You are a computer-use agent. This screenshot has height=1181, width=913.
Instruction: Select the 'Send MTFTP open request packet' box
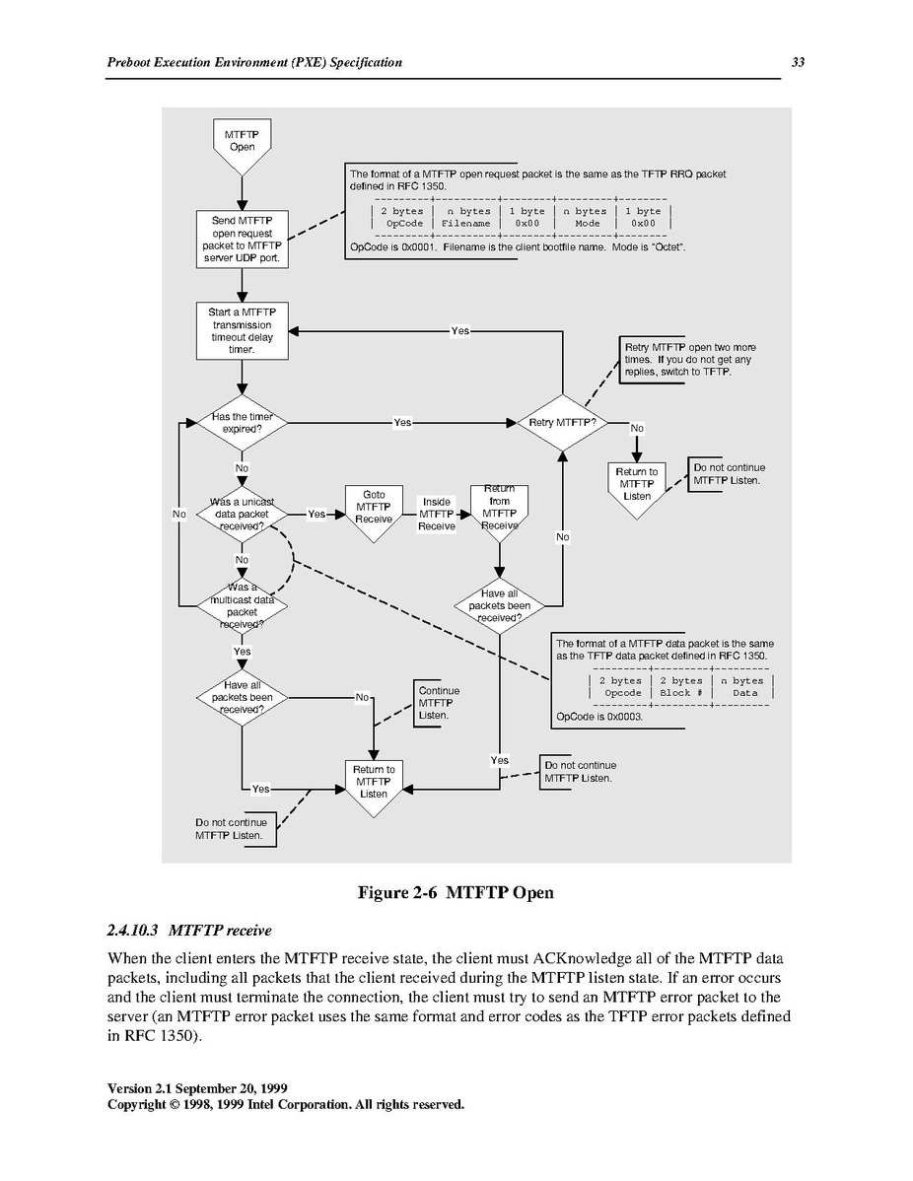click(x=242, y=240)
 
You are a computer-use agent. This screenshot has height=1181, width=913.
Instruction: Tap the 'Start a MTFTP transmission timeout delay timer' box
click(x=242, y=330)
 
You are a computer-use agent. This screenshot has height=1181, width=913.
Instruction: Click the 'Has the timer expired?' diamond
click(x=242, y=423)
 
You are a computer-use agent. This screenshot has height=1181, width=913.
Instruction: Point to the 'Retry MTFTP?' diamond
click(x=562, y=423)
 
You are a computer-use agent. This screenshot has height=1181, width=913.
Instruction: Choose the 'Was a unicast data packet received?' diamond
click(x=242, y=515)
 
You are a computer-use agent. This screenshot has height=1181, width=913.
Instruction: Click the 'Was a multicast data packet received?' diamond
click(x=242, y=605)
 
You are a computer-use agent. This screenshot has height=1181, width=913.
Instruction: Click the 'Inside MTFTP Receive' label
click(x=437, y=514)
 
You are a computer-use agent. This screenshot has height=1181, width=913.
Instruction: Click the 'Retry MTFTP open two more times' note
click(x=689, y=359)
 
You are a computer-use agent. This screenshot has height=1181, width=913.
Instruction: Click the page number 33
click(x=798, y=62)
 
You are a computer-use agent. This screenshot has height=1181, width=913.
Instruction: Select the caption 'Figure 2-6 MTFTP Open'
click(x=455, y=892)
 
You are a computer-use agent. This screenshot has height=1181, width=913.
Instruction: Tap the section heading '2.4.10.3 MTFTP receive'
click(x=189, y=931)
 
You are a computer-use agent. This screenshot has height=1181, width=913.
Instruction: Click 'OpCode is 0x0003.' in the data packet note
click(x=599, y=717)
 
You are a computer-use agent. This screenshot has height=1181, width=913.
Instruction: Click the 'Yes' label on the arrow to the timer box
click(x=459, y=330)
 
